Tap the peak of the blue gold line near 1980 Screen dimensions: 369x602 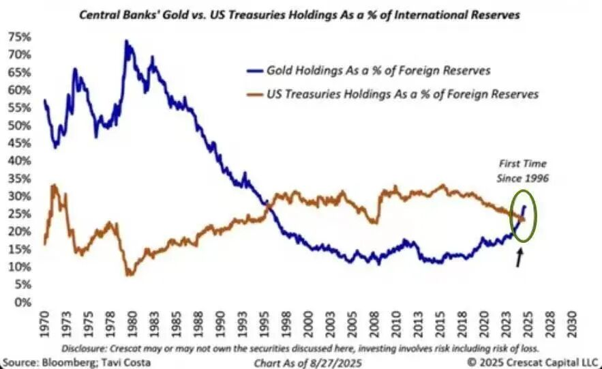126,42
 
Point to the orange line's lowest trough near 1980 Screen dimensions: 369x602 130,274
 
